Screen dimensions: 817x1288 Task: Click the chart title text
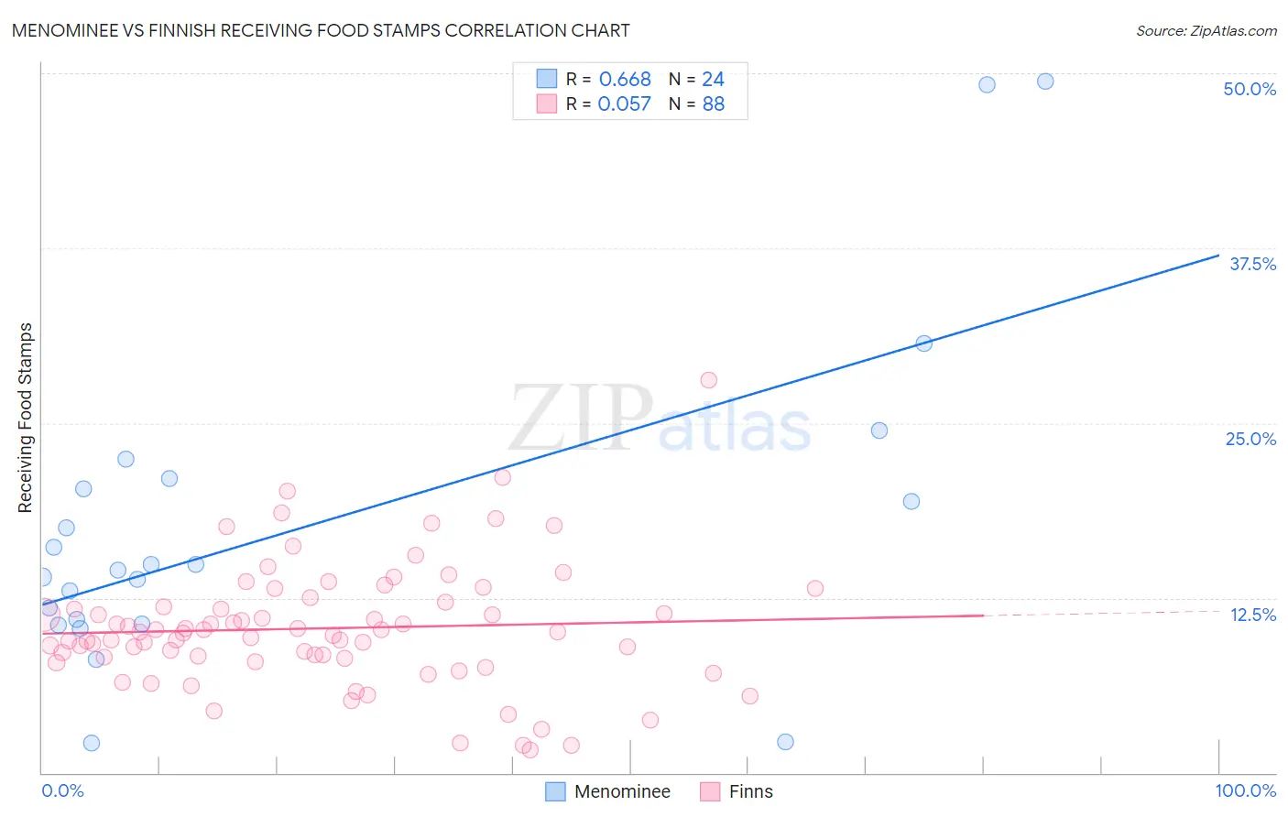[x=321, y=30]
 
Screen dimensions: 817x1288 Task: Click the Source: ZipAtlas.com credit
[x=1206, y=31]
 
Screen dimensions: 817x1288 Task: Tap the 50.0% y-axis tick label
[x=1250, y=89]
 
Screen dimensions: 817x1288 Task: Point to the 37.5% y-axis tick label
[x=1252, y=264]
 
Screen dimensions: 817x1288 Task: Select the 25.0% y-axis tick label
[x=1250, y=439]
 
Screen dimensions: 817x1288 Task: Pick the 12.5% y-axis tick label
[x=1252, y=615]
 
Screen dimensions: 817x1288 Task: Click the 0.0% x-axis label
[x=62, y=790]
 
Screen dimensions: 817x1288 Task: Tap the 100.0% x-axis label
[x=1245, y=790]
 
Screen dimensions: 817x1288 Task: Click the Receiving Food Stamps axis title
[x=26, y=418]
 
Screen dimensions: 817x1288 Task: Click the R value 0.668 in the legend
[x=625, y=80]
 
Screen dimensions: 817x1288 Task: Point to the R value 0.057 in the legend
[x=624, y=104]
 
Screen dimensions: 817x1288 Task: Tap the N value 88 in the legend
[x=714, y=104]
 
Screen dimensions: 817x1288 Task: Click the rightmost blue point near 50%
[x=1045, y=82]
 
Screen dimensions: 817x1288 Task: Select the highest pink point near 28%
[x=708, y=380]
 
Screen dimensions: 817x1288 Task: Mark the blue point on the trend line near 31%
[x=924, y=343]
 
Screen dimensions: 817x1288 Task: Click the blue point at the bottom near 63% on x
[x=785, y=742]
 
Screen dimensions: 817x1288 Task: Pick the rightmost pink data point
[x=815, y=589]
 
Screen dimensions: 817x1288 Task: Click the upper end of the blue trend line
[x=1218, y=256]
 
